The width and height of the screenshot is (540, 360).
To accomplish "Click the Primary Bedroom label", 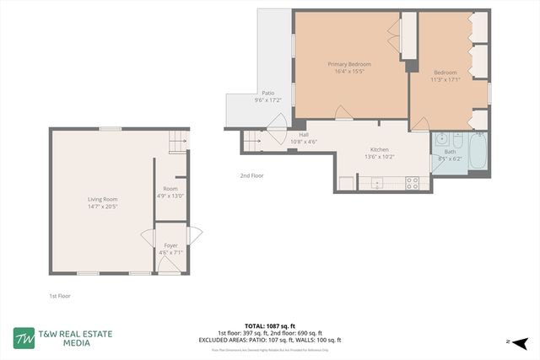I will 349,64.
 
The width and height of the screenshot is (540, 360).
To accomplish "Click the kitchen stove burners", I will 413,181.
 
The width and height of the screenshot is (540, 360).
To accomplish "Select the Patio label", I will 267,93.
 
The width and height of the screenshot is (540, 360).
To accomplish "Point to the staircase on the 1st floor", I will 175,144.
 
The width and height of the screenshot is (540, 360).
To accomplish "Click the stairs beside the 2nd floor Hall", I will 251,142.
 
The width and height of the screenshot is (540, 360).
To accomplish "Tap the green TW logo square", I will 24,338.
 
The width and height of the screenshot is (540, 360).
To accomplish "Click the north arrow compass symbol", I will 521,342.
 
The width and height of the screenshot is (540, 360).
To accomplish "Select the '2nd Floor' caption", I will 251,175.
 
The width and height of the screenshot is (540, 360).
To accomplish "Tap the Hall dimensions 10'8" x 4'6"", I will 304,142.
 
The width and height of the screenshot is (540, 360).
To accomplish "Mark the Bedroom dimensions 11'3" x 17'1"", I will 445,80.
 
